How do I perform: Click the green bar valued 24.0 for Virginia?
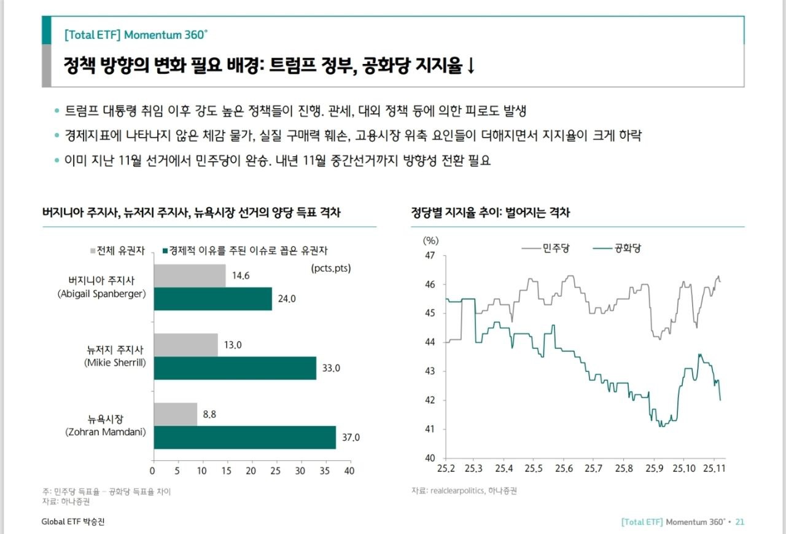point(212,299)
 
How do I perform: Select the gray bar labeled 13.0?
point(185,345)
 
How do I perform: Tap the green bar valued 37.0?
point(244,437)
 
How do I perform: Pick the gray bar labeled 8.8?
point(175,414)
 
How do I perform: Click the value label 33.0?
point(331,368)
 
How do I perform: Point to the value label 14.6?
point(241,275)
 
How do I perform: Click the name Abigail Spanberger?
point(102,293)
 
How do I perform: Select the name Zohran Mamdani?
point(106,432)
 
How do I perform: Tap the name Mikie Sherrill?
point(115,363)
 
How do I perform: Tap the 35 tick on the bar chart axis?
point(325,471)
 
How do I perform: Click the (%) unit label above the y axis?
point(431,240)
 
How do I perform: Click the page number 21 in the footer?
point(739,522)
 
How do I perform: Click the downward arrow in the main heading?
point(471,67)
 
